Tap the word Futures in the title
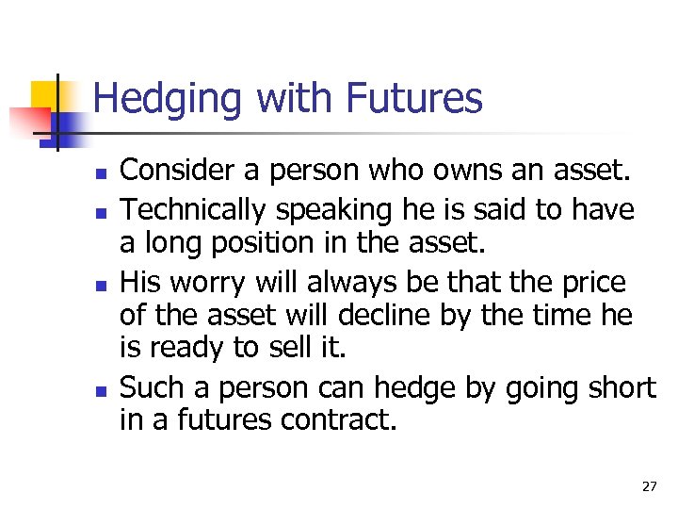coord(415,98)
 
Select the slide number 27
coord(649,486)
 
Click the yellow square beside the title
coord(45,94)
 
